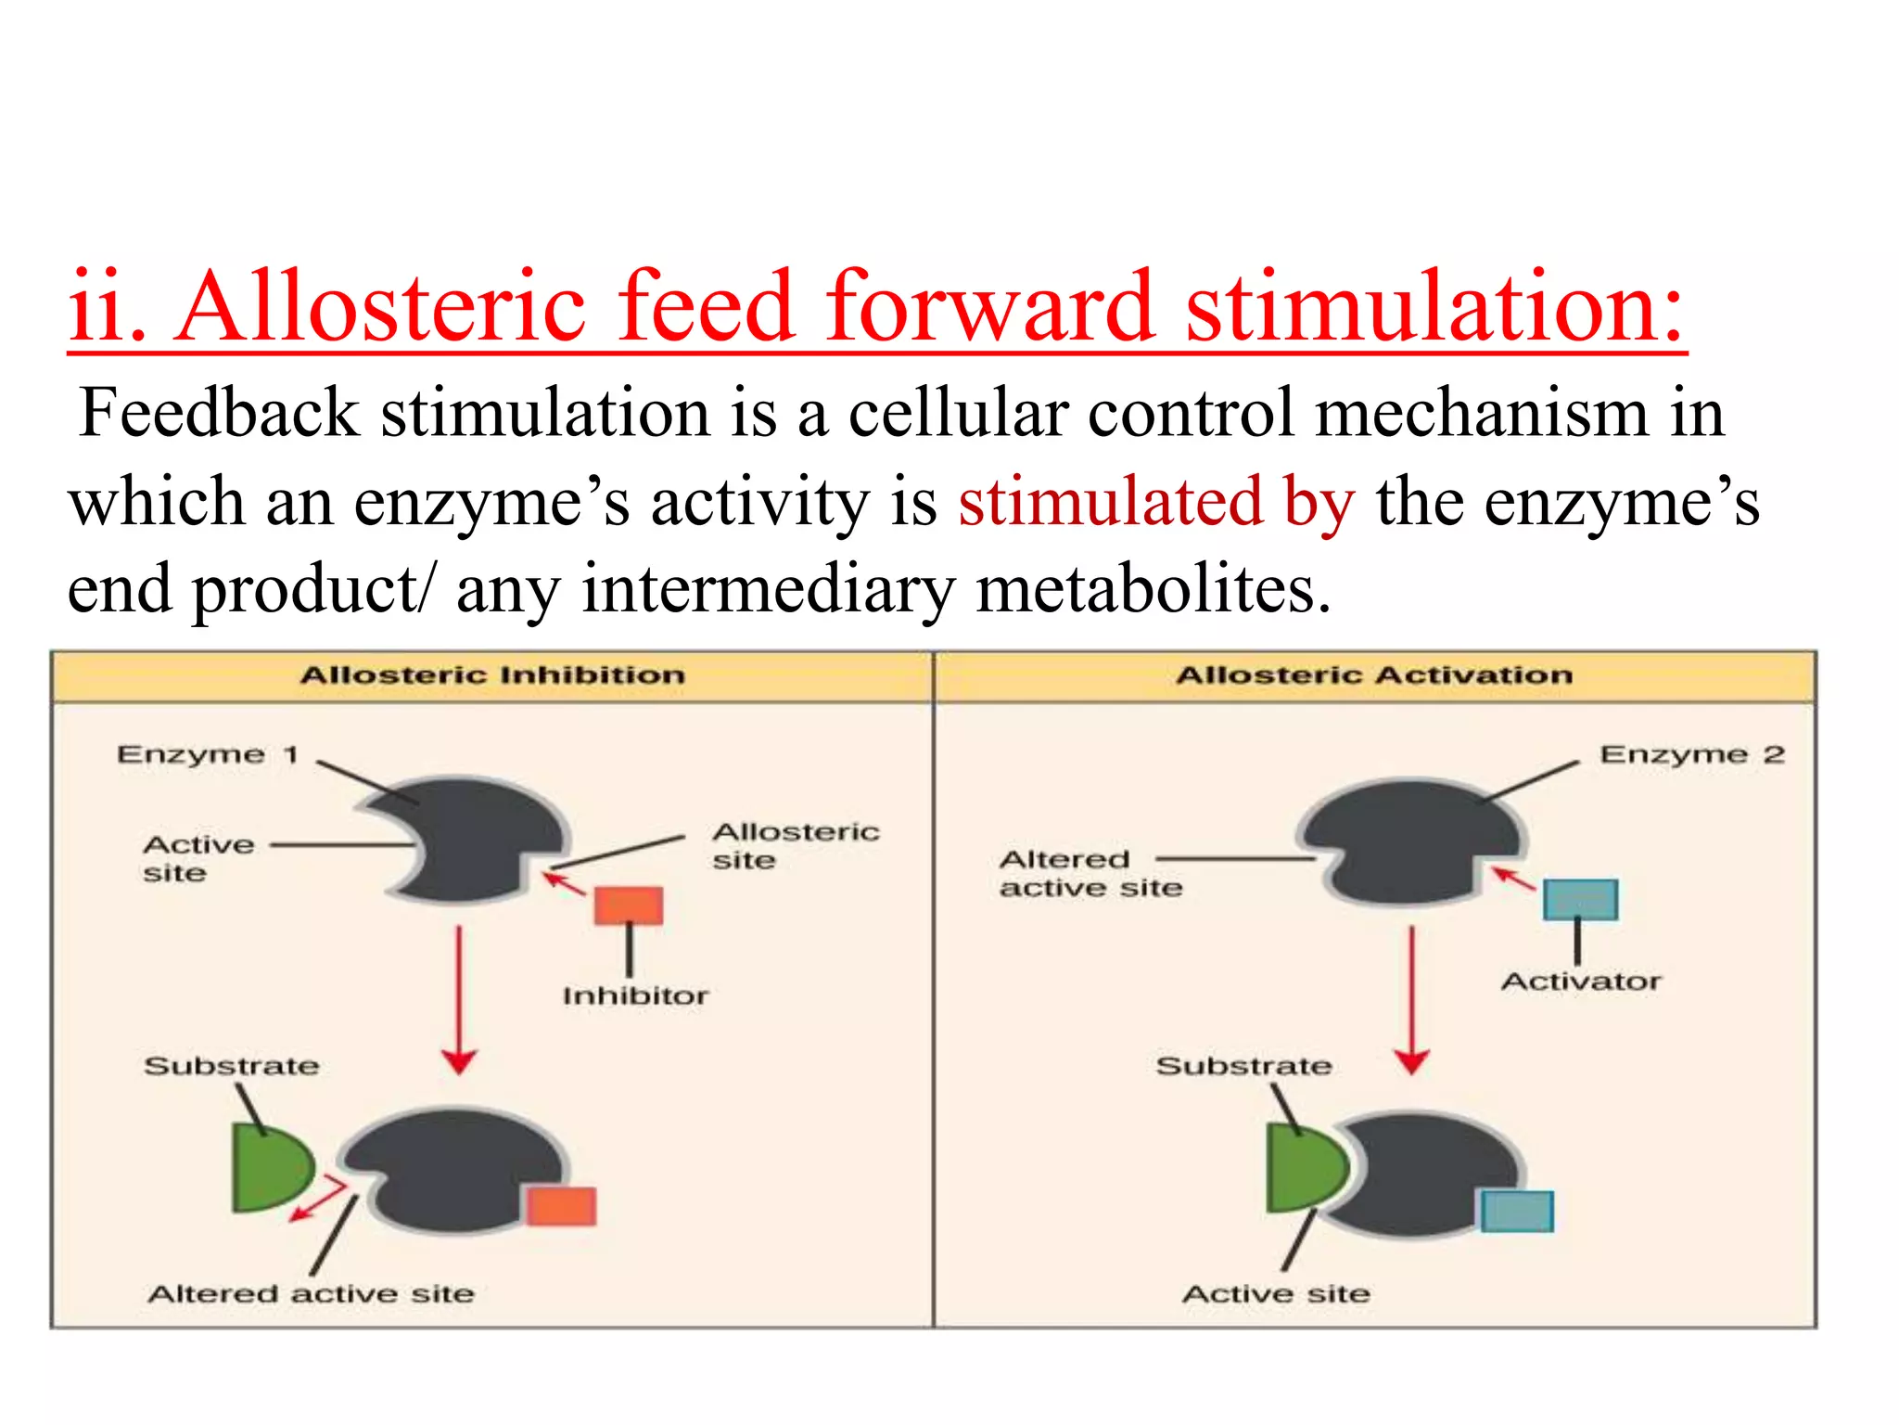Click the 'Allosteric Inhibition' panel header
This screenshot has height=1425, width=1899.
492,675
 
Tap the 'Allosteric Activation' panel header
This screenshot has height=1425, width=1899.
1374,675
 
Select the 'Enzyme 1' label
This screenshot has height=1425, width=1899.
208,755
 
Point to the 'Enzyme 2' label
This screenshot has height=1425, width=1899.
1691,755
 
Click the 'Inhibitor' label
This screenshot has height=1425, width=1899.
635,996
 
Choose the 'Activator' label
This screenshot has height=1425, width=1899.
1581,982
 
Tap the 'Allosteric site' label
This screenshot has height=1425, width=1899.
796,845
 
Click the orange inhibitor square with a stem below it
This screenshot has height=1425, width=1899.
629,905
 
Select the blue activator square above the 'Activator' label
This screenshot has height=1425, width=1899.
1580,899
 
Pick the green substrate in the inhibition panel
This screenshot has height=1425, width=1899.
268,1168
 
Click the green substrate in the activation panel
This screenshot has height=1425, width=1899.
1303,1168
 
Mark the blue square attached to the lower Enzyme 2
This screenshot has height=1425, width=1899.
1517,1212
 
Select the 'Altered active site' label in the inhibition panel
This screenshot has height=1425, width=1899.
311,1294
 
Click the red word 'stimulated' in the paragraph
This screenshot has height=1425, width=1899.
1110,502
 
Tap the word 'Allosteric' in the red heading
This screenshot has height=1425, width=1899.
381,306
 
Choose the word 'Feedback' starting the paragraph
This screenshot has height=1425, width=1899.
219,413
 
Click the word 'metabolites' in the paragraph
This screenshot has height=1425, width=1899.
1153,590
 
